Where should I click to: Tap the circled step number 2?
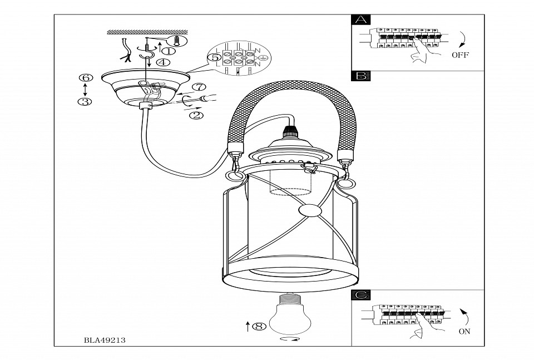pos(195,116)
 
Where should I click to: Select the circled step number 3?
pos(85,102)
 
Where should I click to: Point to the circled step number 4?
pos(163,62)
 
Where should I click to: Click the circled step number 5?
pos(214,57)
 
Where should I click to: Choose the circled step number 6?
pos(85,77)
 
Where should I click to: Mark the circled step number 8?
pos(258,326)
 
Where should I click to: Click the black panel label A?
pos(361,21)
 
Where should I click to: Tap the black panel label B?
pos(361,77)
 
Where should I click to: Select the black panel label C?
pos(361,296)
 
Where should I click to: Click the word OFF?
pos(460,55)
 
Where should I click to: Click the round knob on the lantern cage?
pos(309,211)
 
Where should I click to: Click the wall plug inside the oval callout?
pos(177,41)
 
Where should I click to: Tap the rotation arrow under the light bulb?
pos(291,339)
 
